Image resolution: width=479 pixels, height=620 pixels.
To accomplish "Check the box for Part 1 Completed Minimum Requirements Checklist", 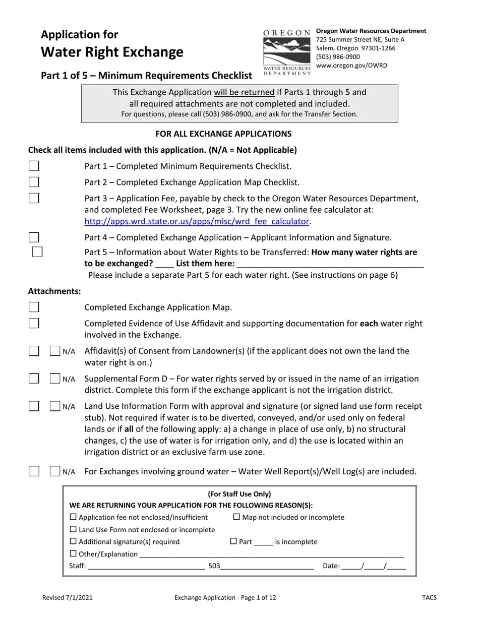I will pos(34,166).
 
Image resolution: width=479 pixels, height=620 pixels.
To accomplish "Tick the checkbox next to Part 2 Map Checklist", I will pos(34,182).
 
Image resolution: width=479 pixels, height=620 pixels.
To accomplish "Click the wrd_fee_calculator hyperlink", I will pos(197,221).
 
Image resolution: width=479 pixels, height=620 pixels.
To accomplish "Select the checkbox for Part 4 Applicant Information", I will pos(34,237).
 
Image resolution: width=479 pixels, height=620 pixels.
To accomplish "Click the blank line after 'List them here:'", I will pos(330,264).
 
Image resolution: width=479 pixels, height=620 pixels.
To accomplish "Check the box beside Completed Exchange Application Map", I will pos(34,307).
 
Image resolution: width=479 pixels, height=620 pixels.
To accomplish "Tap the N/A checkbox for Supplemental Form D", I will pos(55,379).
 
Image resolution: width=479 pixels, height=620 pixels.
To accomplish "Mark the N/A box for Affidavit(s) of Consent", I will pos(55,351).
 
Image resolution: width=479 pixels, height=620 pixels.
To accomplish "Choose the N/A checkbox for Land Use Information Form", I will pos(55,406).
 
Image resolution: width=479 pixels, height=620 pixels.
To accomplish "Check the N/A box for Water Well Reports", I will pos(55,472).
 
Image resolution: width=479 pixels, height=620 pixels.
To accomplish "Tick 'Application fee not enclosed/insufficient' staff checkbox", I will pos(73,517).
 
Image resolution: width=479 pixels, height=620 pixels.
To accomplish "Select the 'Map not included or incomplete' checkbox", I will pos(236,517).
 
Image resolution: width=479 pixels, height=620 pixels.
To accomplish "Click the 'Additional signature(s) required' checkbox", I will pos(73,541).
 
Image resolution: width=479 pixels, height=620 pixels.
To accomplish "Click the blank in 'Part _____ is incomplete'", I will pos(263,542).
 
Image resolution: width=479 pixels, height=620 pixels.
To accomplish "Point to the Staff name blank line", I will pos(146,566).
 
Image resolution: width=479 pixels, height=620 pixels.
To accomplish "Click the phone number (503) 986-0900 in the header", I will pos(338,57).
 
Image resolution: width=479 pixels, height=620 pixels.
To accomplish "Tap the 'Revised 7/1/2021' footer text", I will pos(68,598).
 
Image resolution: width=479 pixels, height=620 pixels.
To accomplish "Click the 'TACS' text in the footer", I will pos(430,598).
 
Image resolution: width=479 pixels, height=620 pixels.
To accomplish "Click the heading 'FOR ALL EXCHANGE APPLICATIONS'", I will pos(223,134).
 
